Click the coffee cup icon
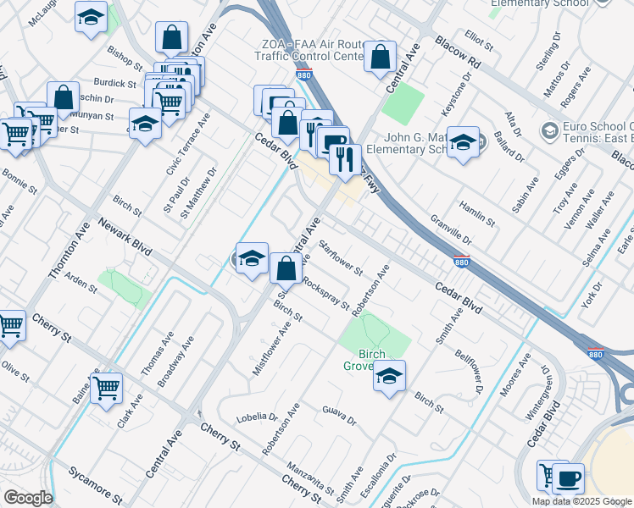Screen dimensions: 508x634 point(568,479)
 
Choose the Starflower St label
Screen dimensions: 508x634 point(341,259)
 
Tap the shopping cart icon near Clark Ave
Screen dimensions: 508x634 point(106,389)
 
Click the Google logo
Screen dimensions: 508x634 point(28,498)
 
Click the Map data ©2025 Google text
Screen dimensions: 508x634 point(581,500)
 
